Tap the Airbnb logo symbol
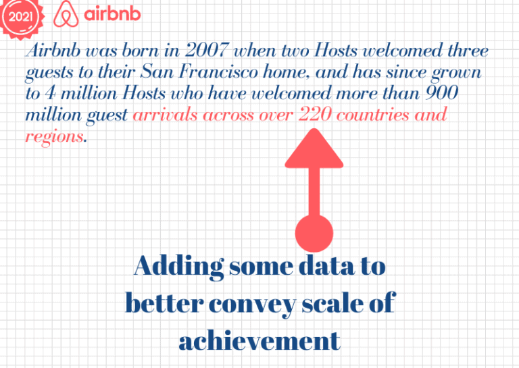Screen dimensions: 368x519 66,14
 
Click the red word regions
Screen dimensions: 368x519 55,136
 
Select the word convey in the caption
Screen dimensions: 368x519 247,304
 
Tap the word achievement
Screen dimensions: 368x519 259,341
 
